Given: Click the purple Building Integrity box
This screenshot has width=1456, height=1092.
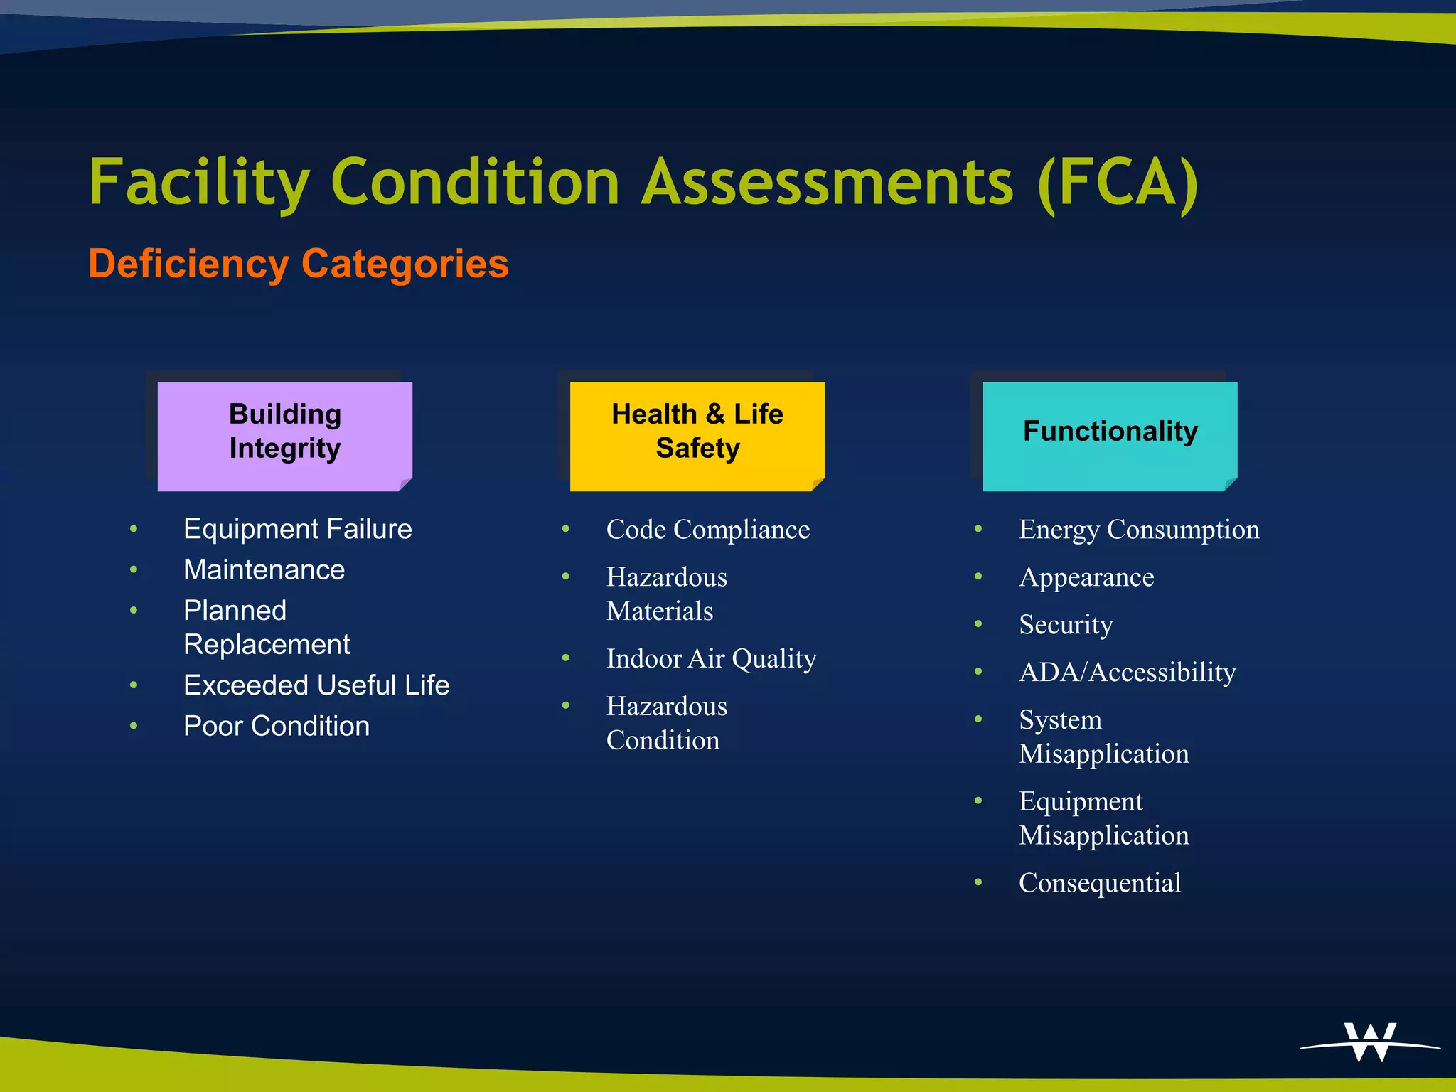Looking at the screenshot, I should (284, 435).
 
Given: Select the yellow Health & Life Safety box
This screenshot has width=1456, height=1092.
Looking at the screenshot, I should (697, 435).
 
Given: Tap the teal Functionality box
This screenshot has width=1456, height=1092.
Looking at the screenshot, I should (1109, 435).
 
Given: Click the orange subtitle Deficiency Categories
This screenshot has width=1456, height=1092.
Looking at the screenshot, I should (299, 264).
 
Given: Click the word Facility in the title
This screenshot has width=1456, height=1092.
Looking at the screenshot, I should (200, 183).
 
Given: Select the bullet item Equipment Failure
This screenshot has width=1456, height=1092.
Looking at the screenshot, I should (297, 529).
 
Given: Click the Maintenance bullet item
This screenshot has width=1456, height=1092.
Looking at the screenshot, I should (264, 569).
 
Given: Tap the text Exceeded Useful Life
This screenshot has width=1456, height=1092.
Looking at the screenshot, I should (316, 685).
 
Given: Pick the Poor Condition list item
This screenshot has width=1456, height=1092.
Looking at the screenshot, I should (277, 726).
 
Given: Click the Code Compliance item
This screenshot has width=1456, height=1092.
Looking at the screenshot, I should (707, 530).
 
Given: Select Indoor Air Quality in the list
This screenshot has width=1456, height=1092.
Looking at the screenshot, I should (711, 659).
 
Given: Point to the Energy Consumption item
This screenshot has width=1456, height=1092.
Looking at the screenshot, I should (1139, 530).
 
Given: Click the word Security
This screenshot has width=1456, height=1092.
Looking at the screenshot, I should (1066, 625).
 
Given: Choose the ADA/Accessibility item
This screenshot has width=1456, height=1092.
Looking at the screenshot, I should (1128, 673).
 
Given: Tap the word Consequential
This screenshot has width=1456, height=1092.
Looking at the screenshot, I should (1100, 883).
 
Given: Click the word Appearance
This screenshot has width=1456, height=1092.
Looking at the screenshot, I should (1086, 577).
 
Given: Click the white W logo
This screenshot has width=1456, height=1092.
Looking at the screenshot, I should (1370, 1042).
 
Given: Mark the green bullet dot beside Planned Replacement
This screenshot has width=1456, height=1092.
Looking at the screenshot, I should (134, 611).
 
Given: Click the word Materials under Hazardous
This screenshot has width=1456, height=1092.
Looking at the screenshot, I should (660, 611).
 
